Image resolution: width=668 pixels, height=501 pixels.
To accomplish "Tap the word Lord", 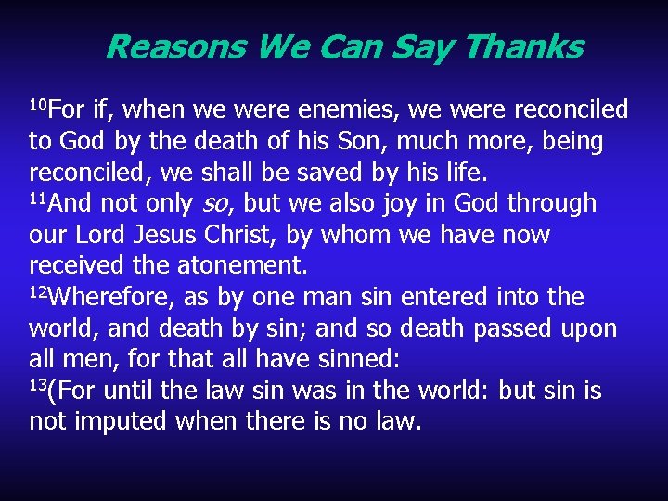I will coord(97,236).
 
